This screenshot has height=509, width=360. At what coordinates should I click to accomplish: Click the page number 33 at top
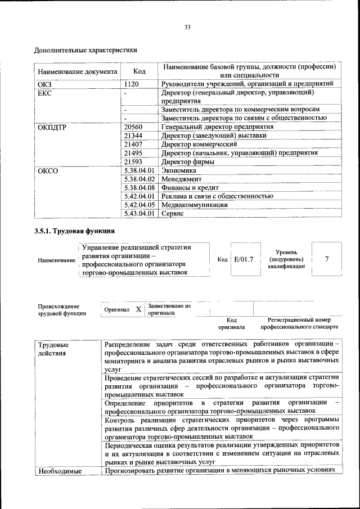pos(188,27)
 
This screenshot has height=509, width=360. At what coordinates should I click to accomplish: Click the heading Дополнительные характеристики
pos(86,50)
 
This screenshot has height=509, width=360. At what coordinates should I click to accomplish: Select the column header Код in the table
pos(139,71)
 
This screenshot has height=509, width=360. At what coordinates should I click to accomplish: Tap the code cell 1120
pos(132,84)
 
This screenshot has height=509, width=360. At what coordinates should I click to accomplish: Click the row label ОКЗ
pos(44,84)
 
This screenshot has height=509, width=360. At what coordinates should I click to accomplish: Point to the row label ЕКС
pos(44,92)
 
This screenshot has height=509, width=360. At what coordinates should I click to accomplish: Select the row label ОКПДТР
pos(52,127)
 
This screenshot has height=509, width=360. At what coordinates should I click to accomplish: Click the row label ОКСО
pos(48,170)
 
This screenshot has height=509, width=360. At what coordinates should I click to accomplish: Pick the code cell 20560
pos(133,127)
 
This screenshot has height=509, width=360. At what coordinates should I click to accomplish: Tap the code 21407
pos(133,145)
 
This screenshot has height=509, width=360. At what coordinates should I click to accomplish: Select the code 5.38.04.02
pos(139,179)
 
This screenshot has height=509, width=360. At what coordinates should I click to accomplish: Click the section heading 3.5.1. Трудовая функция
pos(75,231)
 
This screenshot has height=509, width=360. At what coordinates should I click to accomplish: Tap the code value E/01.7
pos(244,259)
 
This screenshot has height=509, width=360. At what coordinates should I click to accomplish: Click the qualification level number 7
pos(327,259)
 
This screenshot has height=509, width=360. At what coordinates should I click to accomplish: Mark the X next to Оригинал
pos(138,309)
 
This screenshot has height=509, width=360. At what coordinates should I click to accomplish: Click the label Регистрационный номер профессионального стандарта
pos(299,323)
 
